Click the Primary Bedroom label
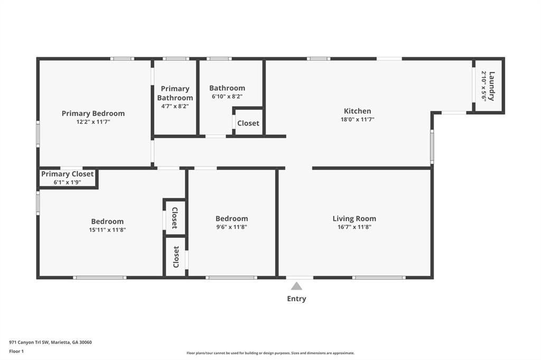[x=93, y=113]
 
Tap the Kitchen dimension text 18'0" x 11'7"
[x=358, y=119]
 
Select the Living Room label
[x=354, y=219]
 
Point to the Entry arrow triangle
[x=296, y=286]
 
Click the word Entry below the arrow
[x=296, y=299]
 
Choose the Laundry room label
[x=492, y=86]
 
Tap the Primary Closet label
[x=67, y=174]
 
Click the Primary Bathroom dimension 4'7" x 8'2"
[x=175, y=106]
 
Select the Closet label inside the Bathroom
[x=248, y=123]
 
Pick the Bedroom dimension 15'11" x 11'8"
[x=107, y=230]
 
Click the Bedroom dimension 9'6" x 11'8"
[x=231, y=227]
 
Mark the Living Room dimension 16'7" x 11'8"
[x=354, y=227]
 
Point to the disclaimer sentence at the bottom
[x=270, y=353]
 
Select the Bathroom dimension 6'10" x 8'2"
[x=227, y=97]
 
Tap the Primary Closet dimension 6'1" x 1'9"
[x=67, y=182]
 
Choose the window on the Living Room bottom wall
[x=379, y=277]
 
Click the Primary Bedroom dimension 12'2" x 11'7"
[x=93, y=121]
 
